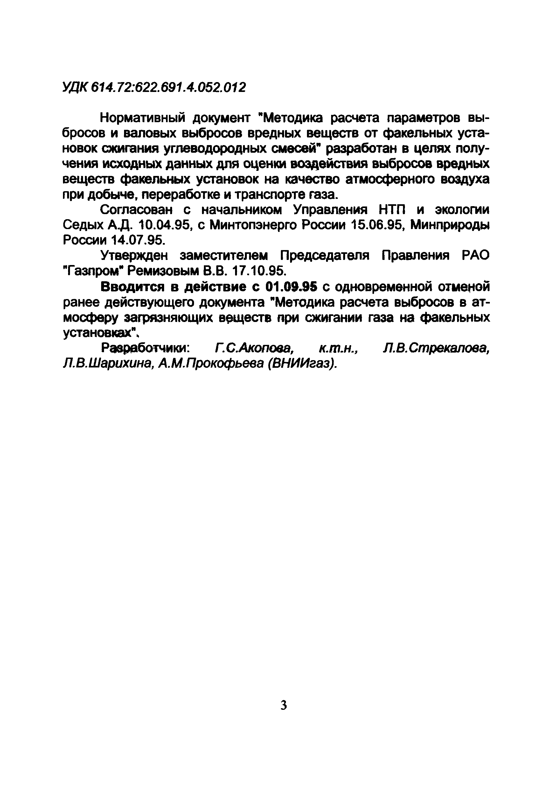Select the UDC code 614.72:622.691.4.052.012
click(x=169, y=87)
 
